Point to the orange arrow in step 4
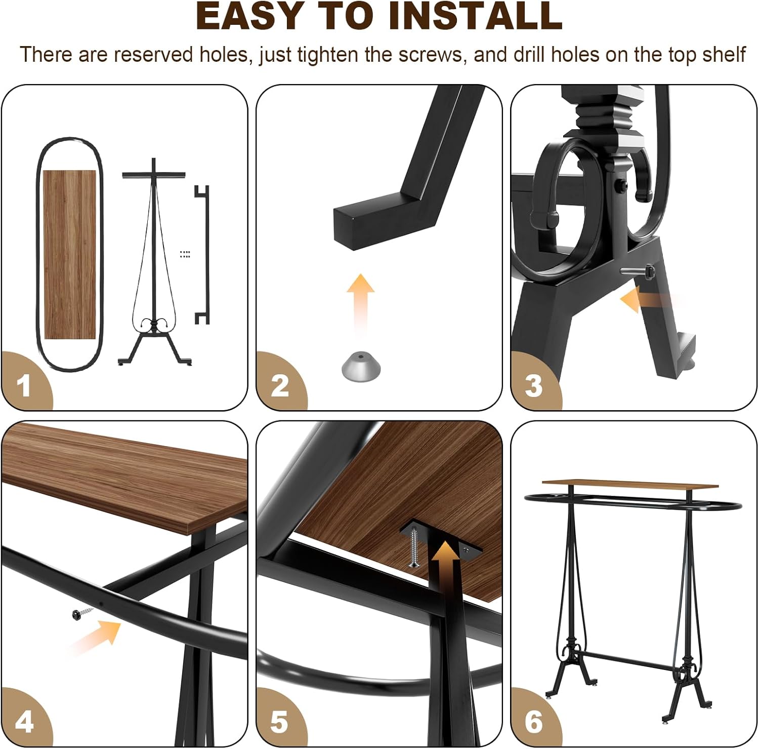(x=96, y=635)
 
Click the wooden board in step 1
(x=69, y=255)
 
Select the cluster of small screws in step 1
(x=185, y=254)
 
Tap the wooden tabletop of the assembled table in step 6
(x=630, y=484)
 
